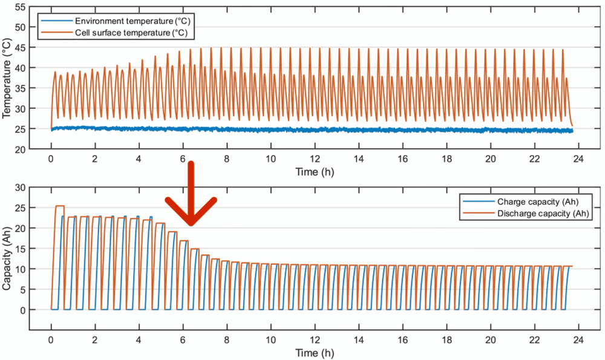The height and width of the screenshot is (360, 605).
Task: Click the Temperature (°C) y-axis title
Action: [7, 78]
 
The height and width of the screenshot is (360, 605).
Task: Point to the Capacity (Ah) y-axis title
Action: [7, 258]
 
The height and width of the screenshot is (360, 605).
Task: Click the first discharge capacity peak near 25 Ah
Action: [59, 206]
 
